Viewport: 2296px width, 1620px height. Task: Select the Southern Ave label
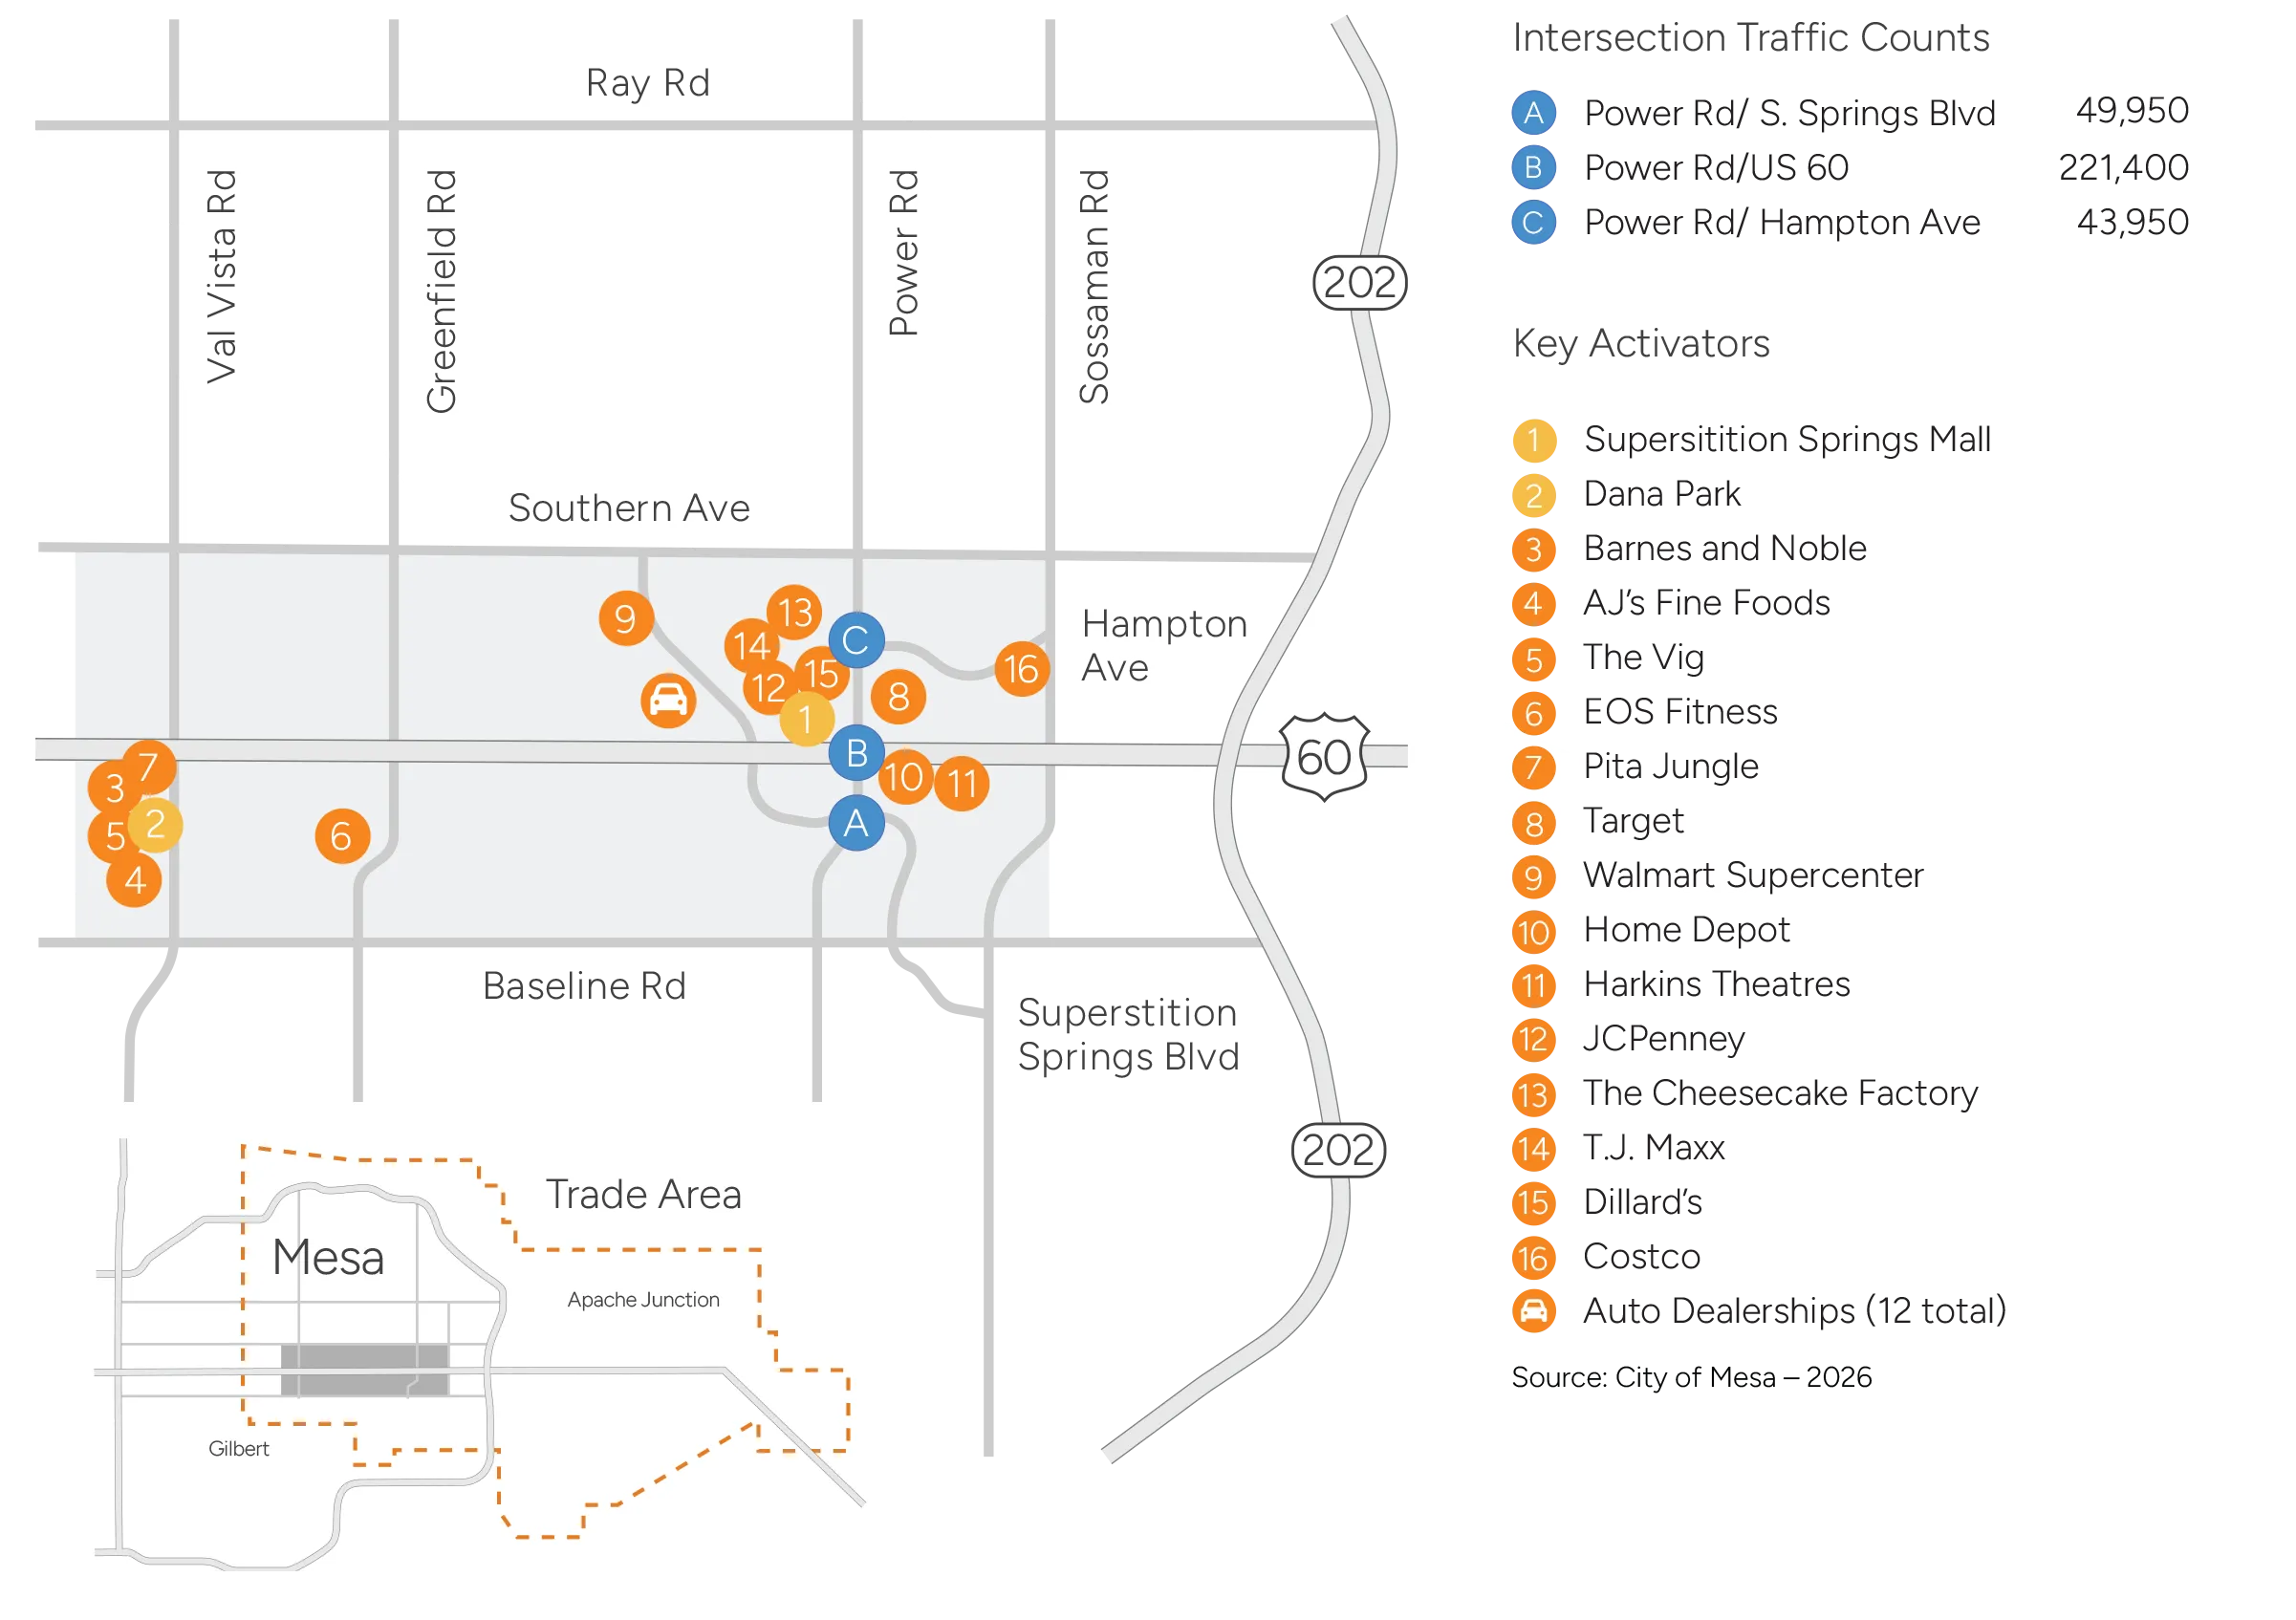tap(629, 508)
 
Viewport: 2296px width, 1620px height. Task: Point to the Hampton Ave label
tap(1164, 645)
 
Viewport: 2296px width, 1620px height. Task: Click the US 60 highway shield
tap(1324, 757)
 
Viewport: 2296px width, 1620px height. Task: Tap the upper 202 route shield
tap(1359, 283)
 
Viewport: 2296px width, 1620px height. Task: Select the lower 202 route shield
tap(1338, 1150)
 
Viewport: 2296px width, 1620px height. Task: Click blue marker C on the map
tap(856, 640)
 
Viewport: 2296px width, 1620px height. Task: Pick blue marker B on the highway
tap(857, 753)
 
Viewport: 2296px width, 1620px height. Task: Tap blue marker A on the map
tap(856, 823)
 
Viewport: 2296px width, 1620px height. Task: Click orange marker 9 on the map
tap(626, 619)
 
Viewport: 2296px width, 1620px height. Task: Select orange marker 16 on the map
tap(1021, 669)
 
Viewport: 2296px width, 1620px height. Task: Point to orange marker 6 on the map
tap(342, 836)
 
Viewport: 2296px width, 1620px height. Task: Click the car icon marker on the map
tap(668, 700)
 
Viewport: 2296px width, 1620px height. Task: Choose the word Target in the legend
tap(1633, 821)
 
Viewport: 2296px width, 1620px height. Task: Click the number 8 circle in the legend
tap(1533, 824)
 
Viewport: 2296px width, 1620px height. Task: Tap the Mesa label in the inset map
tap(328, 1257)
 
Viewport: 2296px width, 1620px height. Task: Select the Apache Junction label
tap(643, 1300)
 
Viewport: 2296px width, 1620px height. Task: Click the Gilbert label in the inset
tap(238, 1449)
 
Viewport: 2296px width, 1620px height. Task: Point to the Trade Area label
tap(643, 1195)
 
